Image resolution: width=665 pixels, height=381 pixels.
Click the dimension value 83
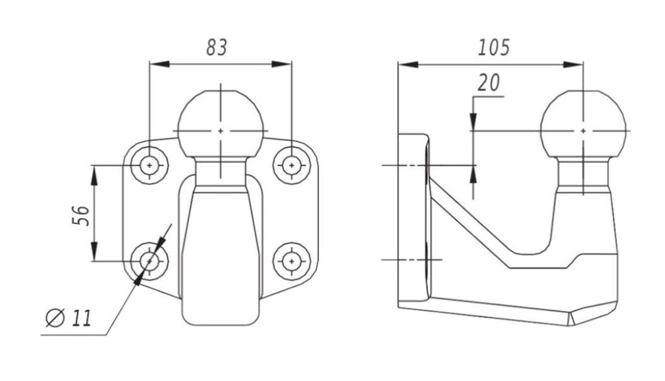[x=217, y=47]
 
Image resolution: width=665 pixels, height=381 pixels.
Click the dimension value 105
[x=493, y=47]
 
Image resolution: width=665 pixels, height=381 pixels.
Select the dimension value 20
[x=489, y=82]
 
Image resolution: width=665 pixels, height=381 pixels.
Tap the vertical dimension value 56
[x=80, y=215]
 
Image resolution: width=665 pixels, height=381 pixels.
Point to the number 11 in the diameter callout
[x=81, y=318]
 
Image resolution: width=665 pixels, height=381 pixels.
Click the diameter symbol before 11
[x=55, y=318]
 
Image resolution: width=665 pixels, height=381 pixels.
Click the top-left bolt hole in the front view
[x=149, y=165]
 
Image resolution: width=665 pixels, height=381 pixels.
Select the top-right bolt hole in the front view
[x=291, y=165]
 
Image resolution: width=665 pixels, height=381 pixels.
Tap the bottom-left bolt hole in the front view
[x=149, y=261]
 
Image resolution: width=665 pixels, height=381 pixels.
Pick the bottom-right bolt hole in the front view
[x=291, y=261]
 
